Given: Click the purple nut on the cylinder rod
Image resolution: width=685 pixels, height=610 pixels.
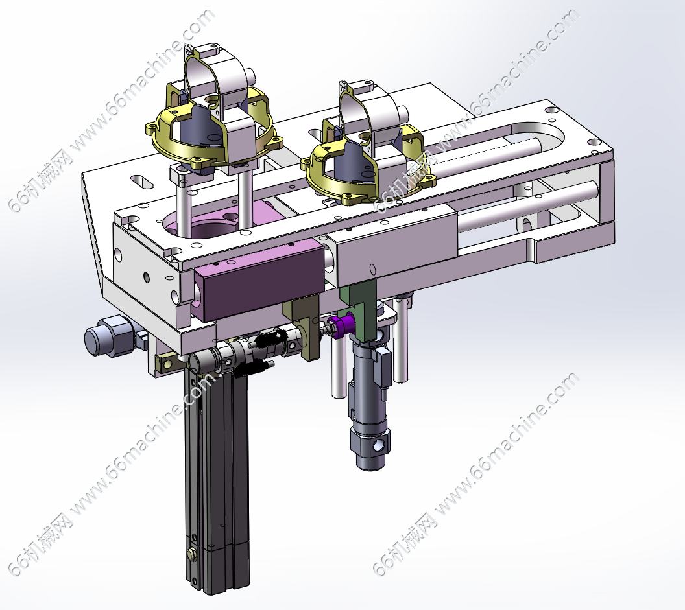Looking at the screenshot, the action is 342,325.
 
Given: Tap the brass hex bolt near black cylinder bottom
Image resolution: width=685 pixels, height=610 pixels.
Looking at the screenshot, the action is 191,553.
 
